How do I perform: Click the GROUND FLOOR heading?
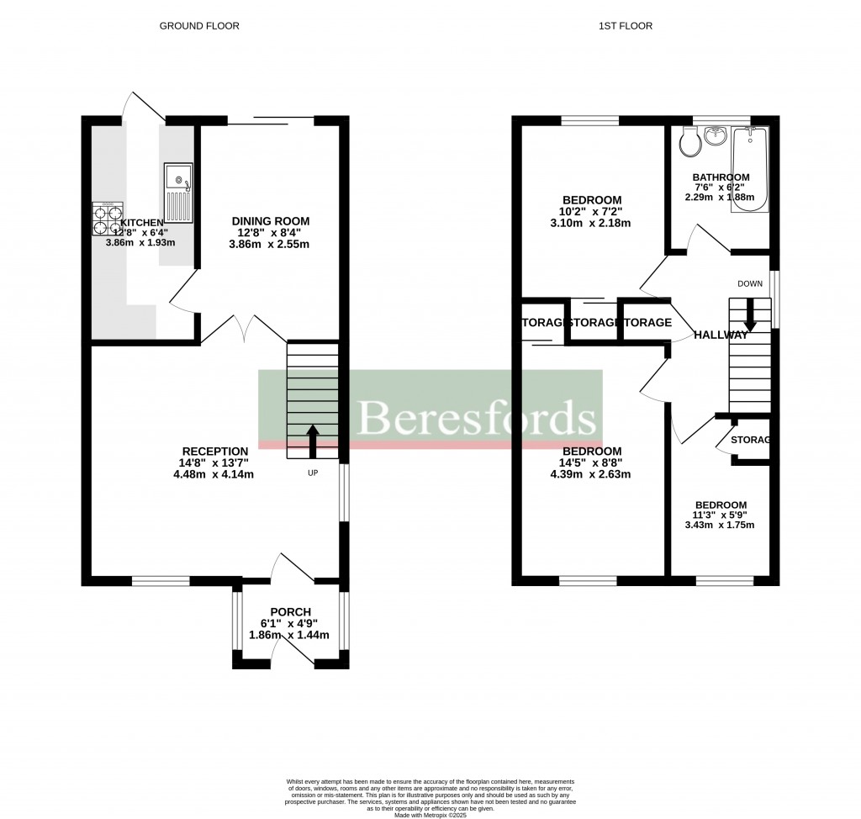pyautogui.click(x=199, y=26)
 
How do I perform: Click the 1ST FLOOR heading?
pyautogui.click(x=625, y=26)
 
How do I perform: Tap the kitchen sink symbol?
pyautogui.click(x=178, y=191)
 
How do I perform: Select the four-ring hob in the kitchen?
pyautogui.click(x=108, y=219)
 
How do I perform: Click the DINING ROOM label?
pyautogui.click(x=266, y=221)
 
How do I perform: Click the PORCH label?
pyautogui.click(x=291, y=611)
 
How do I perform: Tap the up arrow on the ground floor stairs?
pyautogui.click(x=313, y=441)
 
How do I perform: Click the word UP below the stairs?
pyautogui.click(x=313, y=473)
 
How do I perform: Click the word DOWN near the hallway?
pyautogui.click(x=750, y=284)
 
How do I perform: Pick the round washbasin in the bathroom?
pyautogui.click(x=716, y=135)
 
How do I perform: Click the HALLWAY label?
pyautogui.click(x=721, y=336)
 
